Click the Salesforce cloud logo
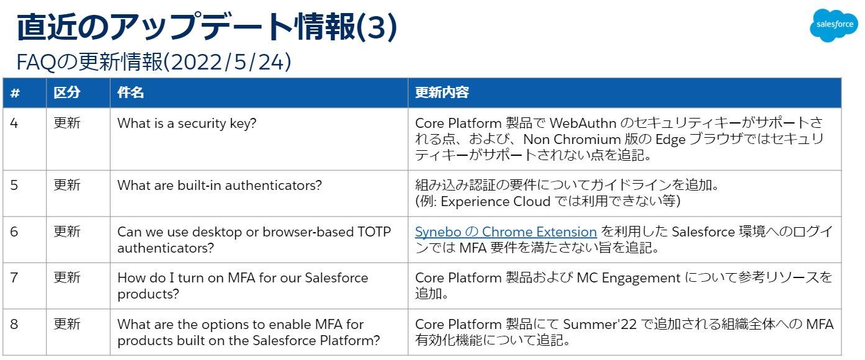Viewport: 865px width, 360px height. click(x=834, y=25)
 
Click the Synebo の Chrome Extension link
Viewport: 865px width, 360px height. click(x=506, y=232)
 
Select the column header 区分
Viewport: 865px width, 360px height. click(x=67, y=92)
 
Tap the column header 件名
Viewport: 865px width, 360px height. click(x=130, y=92)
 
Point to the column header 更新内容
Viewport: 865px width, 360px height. click(x=442, y=92)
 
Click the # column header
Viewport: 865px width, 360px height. click(x=15, y=93)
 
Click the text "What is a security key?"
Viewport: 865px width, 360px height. click(x=186, y=124)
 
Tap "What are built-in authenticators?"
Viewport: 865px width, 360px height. click(x=219, y=186)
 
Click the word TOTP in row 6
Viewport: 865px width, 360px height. click(x=374, y=232)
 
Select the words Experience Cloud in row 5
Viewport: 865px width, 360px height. click(x=496, y=202)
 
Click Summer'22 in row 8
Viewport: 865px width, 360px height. click(x=600, y=324)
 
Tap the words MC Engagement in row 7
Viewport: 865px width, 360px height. click(x=628, y=278)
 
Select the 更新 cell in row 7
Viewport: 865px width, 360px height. click(x=67, y=277)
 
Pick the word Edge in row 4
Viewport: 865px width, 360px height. click(x=670, y=139)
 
